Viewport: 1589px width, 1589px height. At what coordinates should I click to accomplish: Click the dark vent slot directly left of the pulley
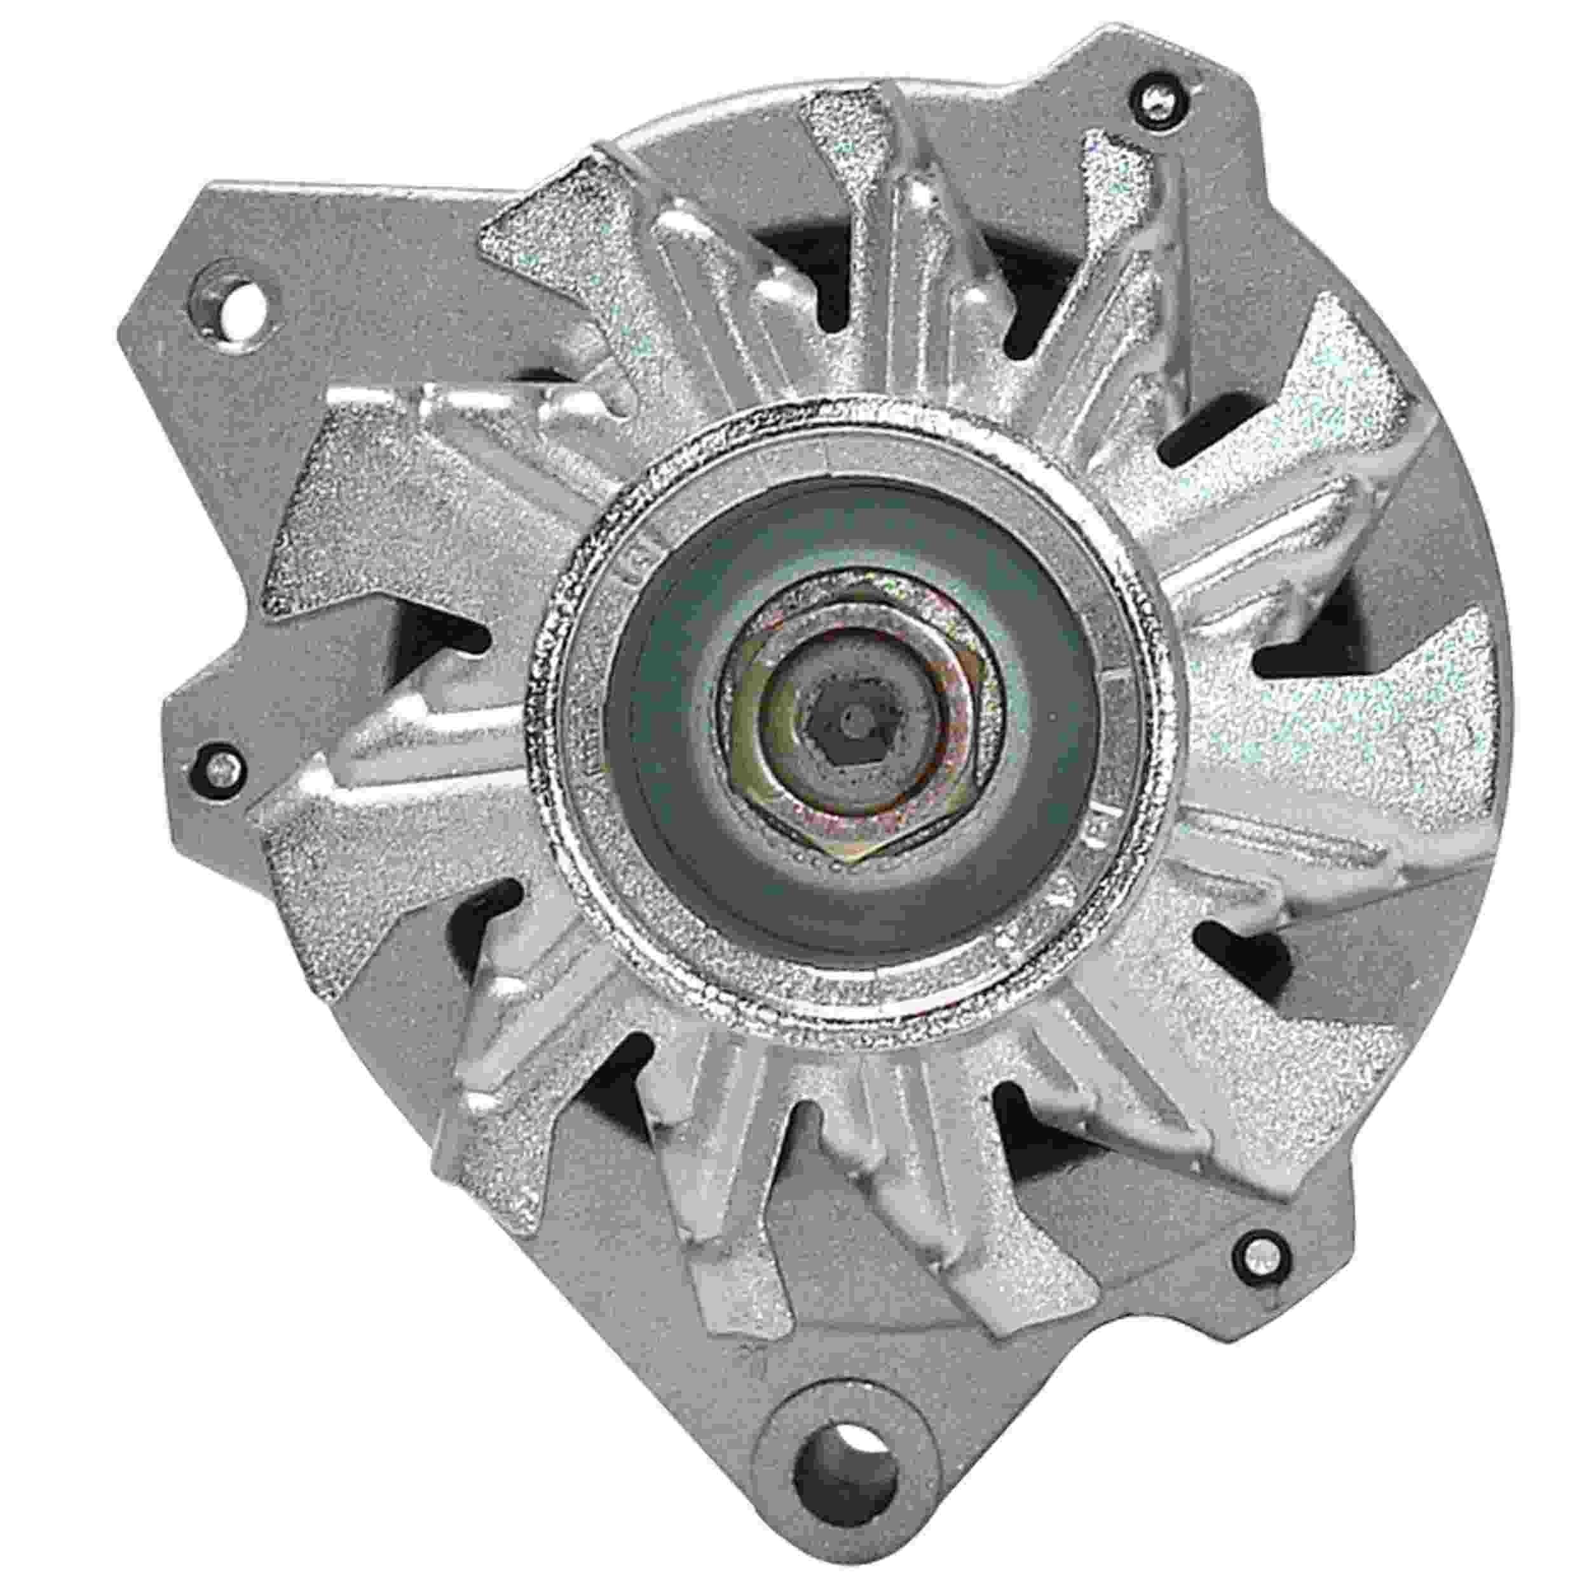pyautogui.click(x=444, y=633)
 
